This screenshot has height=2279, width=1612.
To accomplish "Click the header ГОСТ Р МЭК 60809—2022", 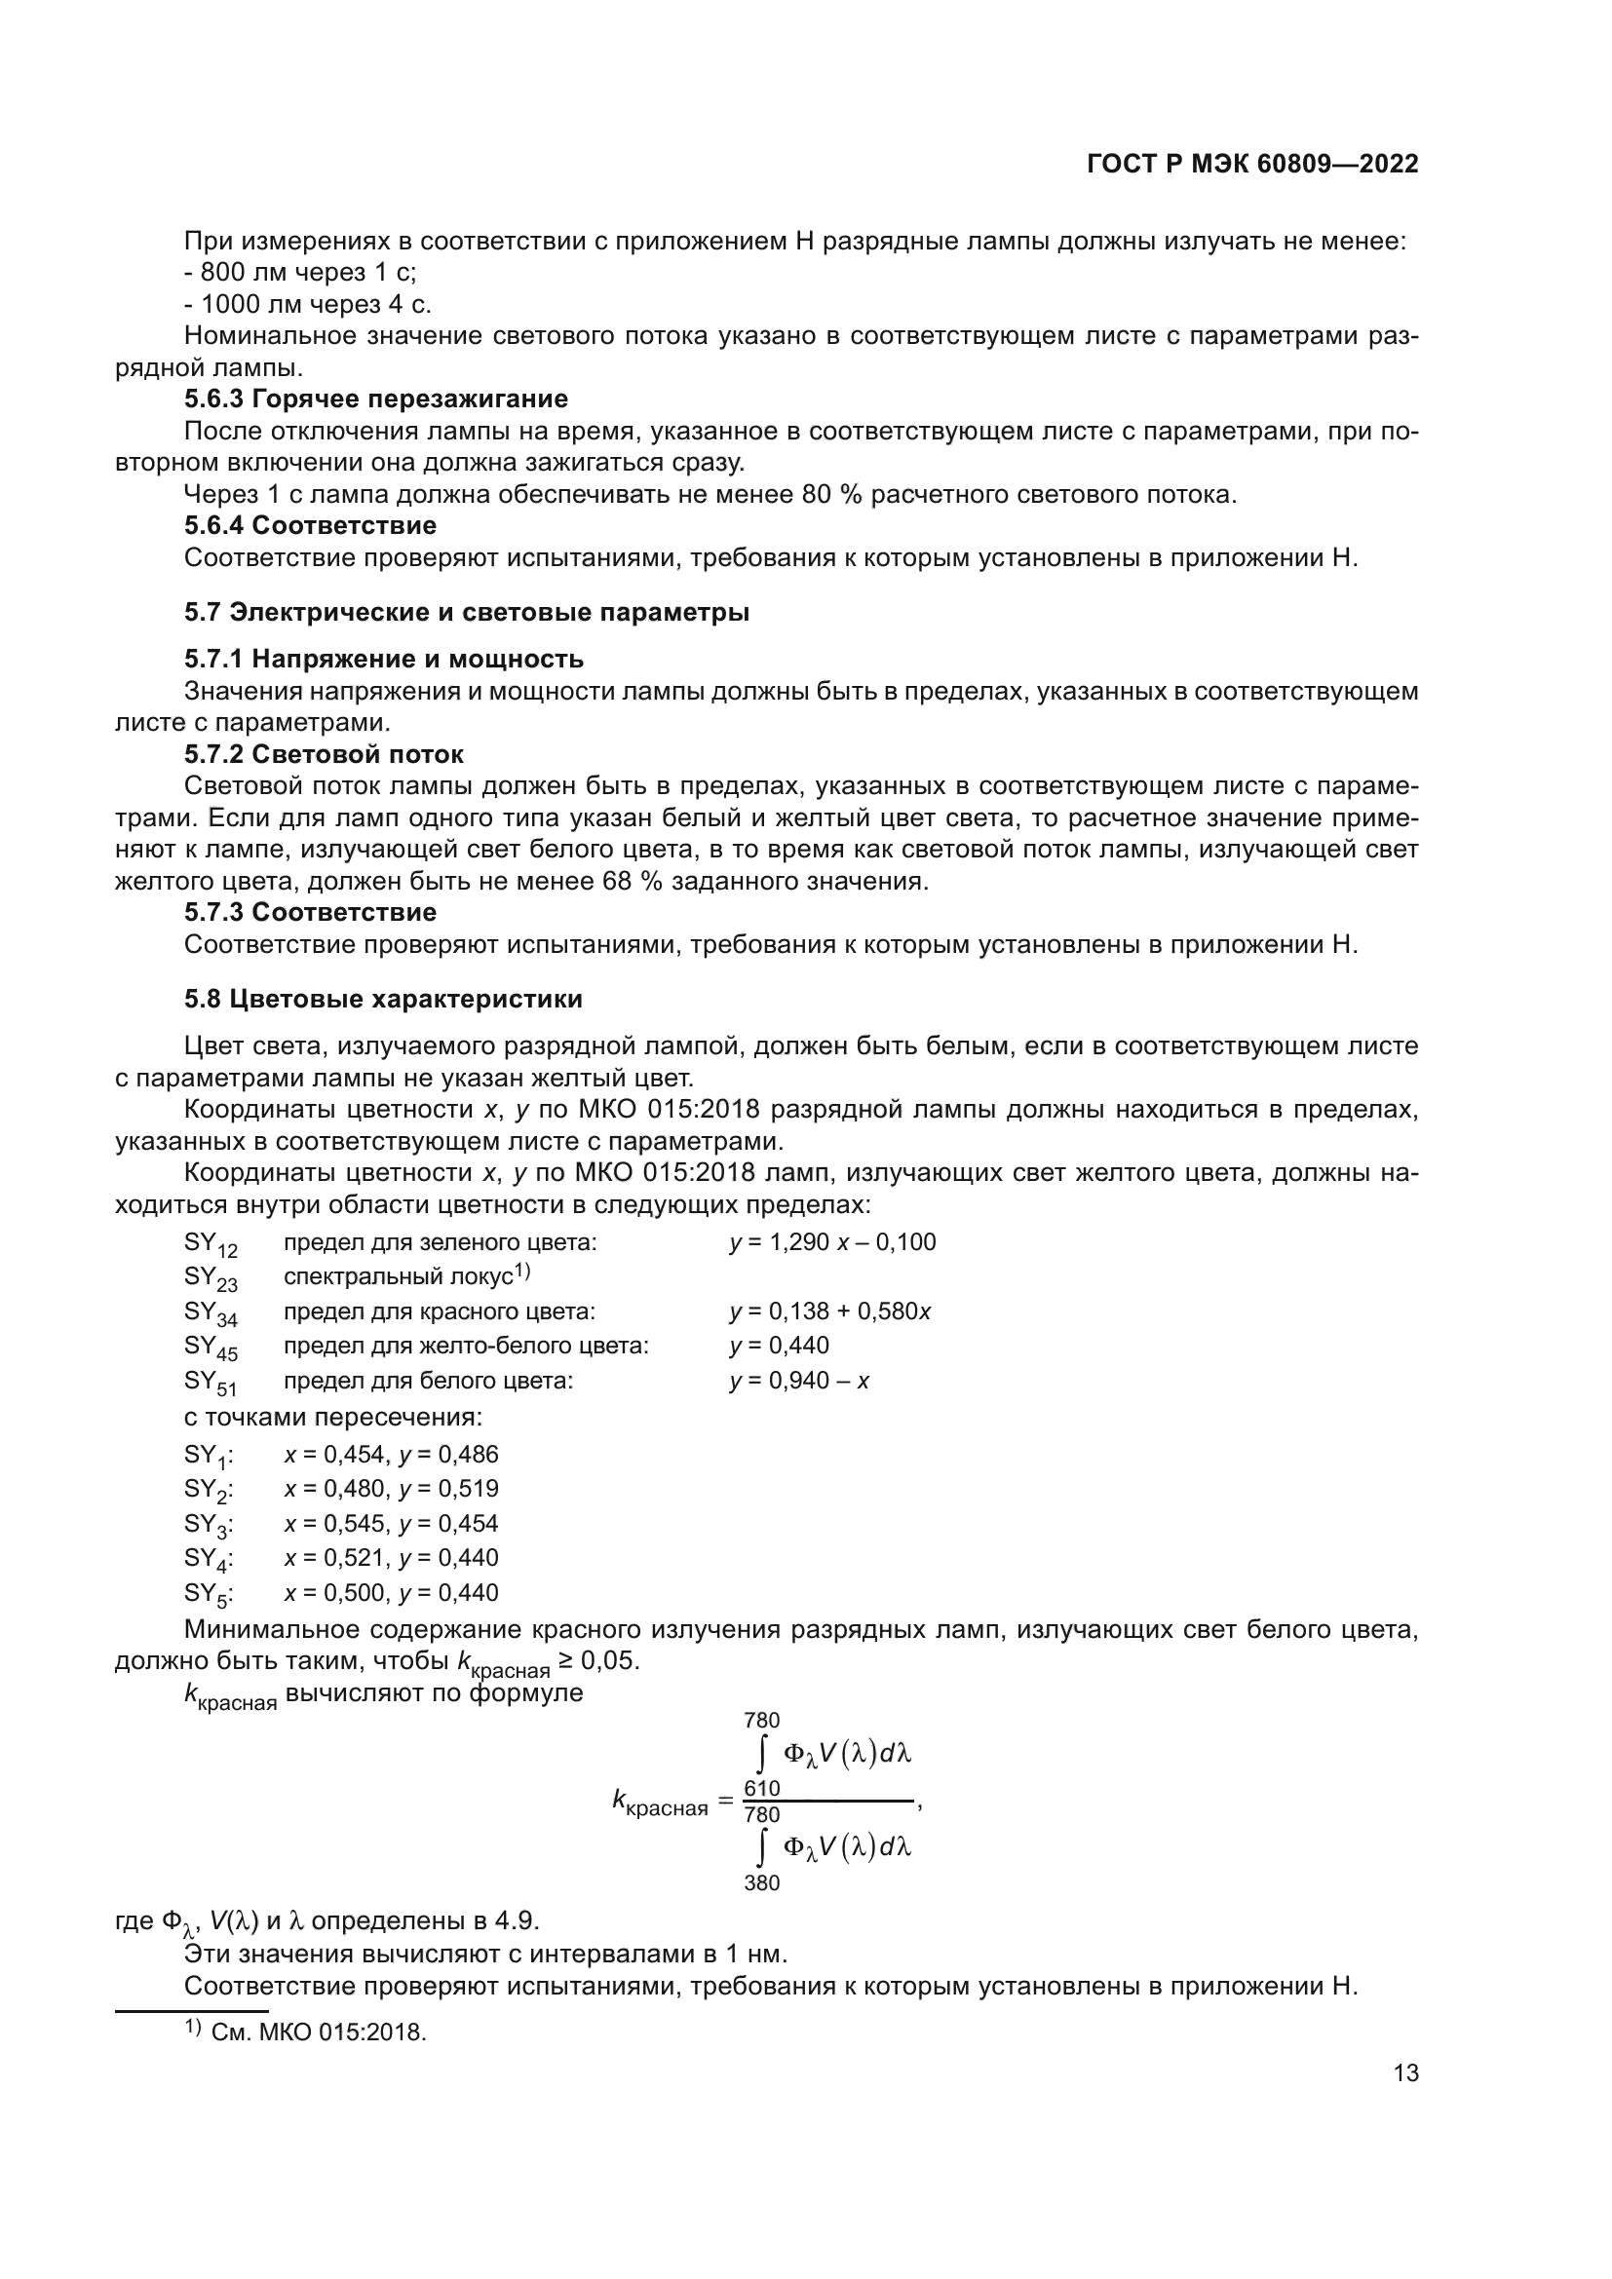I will (x=1252, y=165).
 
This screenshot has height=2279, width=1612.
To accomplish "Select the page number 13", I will (x=1405, y=2073).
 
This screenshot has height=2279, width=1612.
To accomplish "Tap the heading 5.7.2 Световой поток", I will (x=323, y=754).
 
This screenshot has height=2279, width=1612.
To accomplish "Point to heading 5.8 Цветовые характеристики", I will (x=383, y=999).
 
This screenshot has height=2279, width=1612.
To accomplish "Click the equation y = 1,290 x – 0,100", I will (x=831, y=1242).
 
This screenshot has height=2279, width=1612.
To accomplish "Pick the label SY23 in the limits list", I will (x=211, y=1278).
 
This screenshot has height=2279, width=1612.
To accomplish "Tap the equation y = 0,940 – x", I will (x=799, y=1381).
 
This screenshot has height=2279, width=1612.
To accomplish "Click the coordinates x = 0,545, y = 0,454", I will (x=391, y=1524).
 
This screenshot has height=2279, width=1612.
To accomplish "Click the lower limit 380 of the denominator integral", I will (x=761, y=1883).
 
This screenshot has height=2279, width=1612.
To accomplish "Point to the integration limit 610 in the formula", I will (x=761, y=1789).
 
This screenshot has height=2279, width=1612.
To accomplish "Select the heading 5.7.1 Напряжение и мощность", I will (x=383, y=659).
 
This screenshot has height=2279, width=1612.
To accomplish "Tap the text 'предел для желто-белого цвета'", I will (x=466, y=1346).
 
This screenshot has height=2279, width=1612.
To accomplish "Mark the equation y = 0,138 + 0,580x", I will (x=829, y=1311).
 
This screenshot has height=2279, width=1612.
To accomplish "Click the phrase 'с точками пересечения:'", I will (x=333, y=1417).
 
